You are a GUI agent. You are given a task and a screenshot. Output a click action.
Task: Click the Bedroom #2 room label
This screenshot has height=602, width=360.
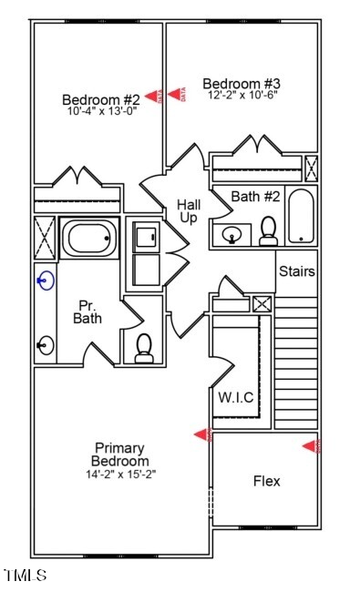[101, 99]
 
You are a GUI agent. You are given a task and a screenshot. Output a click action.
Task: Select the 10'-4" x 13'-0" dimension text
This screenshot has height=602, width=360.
[101, 112]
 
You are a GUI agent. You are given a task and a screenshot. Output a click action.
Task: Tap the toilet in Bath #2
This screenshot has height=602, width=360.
[268, 232]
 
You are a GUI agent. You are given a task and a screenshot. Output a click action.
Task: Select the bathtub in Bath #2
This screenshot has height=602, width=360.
[301, 216]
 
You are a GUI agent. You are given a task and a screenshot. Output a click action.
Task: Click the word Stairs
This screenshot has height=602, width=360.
[296, 271]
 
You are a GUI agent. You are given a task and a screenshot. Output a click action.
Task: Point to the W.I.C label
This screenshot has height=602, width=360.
[236, 397]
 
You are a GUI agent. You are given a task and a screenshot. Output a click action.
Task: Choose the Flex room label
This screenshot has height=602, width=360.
[266, 481]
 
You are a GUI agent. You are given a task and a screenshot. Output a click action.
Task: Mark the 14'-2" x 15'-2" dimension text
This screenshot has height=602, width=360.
[121, 474]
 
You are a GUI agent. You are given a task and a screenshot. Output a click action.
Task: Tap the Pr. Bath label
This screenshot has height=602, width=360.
[87, 311]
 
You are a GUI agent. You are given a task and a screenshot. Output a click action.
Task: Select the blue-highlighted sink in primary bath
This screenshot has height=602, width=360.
[45, 281]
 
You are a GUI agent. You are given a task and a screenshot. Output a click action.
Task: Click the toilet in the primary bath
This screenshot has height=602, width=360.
[143, 348]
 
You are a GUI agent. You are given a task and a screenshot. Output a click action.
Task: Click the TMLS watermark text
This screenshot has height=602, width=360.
[25, 575]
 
